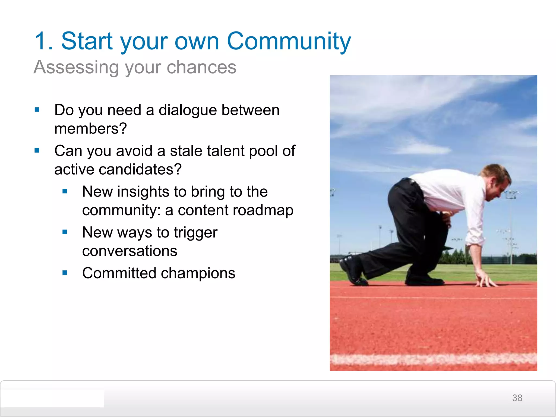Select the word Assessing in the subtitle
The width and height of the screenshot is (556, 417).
[76, 67]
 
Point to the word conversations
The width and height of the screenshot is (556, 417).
[130, 251]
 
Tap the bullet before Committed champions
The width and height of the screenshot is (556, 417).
[65, 273]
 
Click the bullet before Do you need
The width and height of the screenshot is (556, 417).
[37, 110]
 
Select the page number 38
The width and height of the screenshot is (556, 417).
[517, 398]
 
